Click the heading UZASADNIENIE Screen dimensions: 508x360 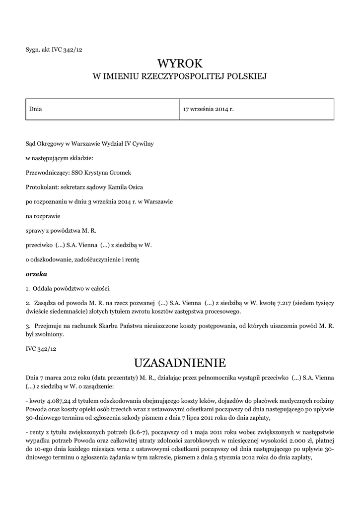pos(180,361)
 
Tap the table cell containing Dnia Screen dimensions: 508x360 pos(102,109)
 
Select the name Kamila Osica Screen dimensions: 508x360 pos(126,187)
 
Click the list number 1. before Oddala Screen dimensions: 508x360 pos(28,288)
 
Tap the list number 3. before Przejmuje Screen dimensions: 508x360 pos(28,326)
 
